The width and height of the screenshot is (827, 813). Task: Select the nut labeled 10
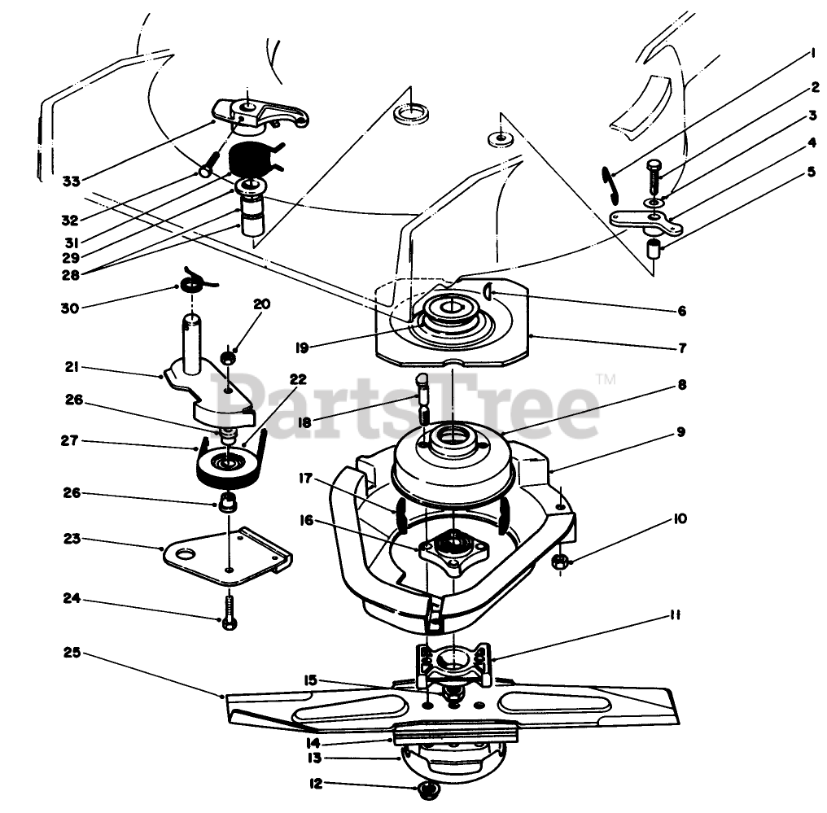[562, 561]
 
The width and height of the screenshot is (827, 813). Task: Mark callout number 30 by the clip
[72, 308]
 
